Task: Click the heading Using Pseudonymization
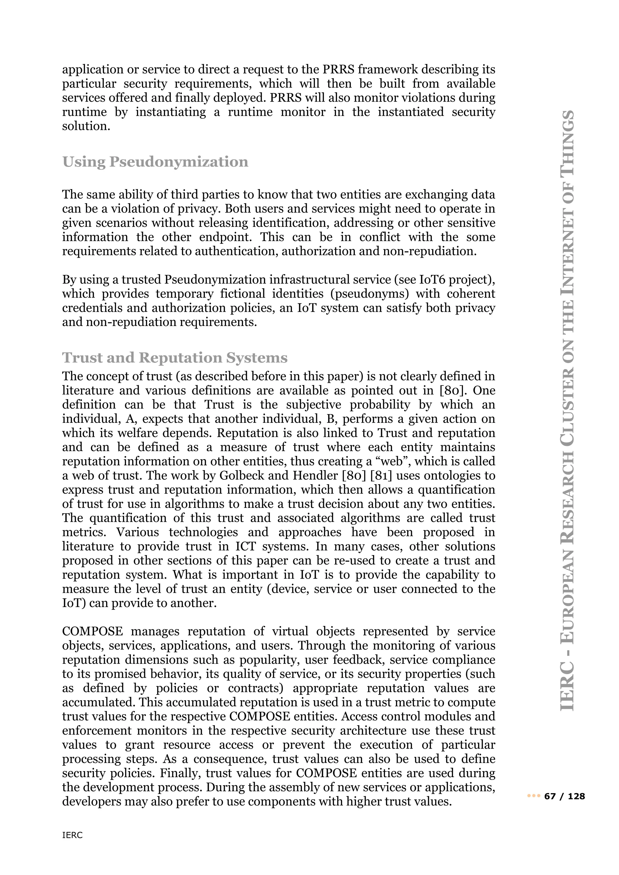155,162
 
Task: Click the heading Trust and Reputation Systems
175,358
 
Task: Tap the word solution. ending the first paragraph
86,126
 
